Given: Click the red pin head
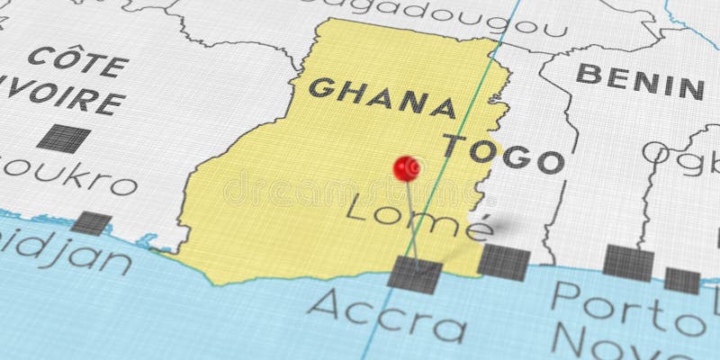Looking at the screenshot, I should [x=407, y=167].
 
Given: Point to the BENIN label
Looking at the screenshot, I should [x=640, y=81].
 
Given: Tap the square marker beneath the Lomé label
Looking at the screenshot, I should [x=503, y=262].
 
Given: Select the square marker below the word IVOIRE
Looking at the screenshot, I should [x=64, y=138].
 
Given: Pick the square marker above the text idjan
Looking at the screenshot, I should [x=91, y=223].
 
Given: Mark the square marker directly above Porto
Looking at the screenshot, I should [x=627, y=262].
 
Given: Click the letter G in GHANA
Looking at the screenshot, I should [x=320, y=87].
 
